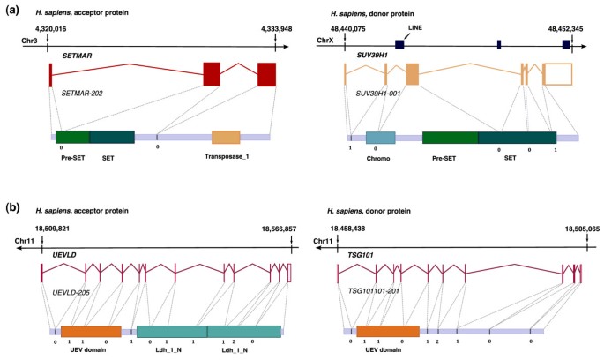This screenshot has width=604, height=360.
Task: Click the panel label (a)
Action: tap(13, 11)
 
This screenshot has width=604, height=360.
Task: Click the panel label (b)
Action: tap(13, 208)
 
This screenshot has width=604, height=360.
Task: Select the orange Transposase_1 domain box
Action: tap(226, 137)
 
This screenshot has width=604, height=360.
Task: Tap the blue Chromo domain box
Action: tap(380, 137)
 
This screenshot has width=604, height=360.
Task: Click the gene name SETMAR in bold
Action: tap(76, 55)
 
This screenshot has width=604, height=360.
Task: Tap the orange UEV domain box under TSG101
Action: tap(387, 331)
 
